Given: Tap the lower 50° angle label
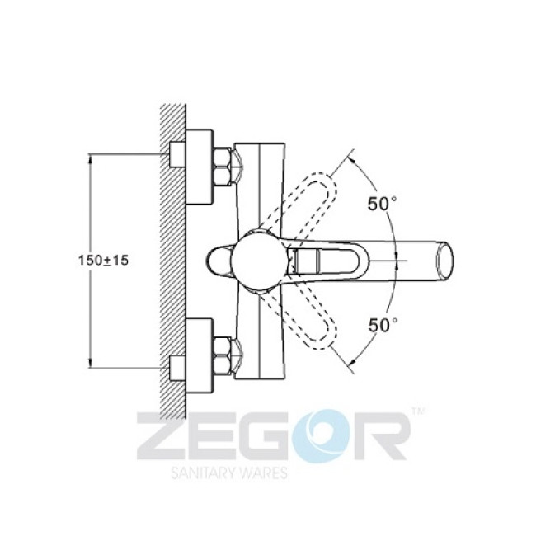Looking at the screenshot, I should tap(383, 325).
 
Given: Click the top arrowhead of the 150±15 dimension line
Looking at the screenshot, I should tap(89, 158).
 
